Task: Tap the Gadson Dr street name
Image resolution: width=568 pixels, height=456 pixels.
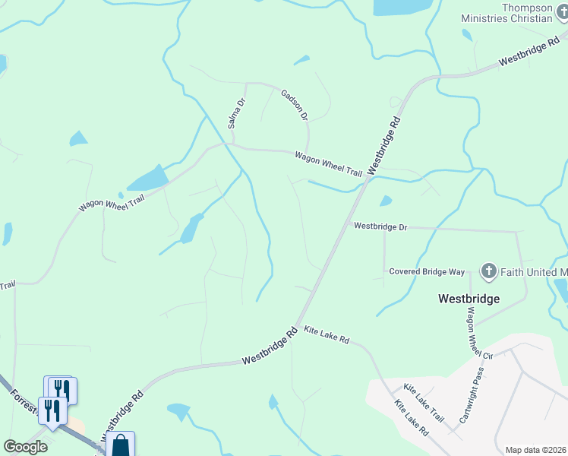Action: click(295, 105)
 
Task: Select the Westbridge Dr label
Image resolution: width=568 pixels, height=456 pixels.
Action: click(380, 226)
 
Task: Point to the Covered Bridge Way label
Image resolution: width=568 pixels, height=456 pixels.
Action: click(427, 271)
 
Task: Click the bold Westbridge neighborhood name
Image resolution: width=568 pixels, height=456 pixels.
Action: click(469, 299)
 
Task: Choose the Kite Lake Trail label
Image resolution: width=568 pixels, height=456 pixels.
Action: click(424, 404)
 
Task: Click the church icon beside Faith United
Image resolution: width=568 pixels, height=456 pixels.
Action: click(488, 271)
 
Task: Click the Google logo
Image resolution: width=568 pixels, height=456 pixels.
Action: click(25, 447)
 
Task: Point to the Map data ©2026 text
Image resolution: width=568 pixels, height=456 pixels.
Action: click(535, 450)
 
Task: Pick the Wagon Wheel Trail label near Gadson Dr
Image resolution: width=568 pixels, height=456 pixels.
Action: click(329, 163)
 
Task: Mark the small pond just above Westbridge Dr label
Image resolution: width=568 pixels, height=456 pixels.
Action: click(386, 201)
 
